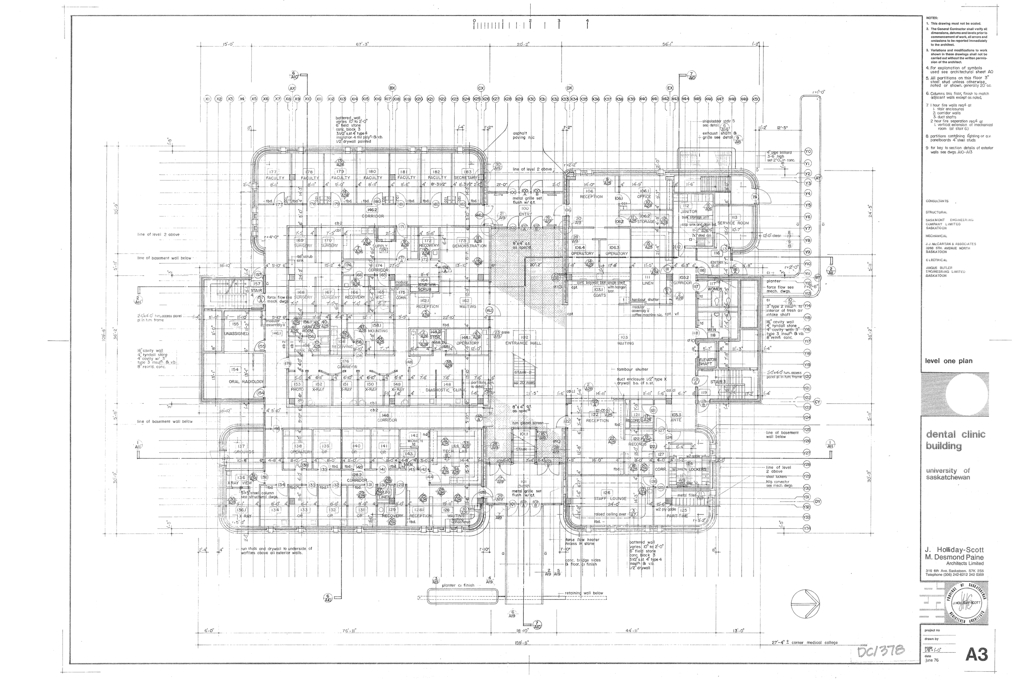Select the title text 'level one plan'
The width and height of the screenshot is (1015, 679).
coord(948,361)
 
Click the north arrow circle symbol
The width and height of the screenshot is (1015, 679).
coord(805,604)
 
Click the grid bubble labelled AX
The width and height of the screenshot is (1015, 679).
coord(292,88)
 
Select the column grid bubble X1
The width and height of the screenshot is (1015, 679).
coord(207,99)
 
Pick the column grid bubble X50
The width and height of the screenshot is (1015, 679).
coord(756,99)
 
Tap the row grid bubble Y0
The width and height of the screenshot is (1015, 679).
coord(808,151)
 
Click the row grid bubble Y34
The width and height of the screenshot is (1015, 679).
coord(806,528)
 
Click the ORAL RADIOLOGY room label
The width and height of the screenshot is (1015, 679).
coord(246,381)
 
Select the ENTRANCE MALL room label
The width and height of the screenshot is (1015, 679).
coord(523,343)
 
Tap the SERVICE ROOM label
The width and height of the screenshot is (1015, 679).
coord(733,223)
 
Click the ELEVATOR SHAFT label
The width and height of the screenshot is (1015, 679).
coord(708,361)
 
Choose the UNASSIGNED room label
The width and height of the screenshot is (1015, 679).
coord(236,334)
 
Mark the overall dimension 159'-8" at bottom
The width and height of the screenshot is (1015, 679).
coord(523,642)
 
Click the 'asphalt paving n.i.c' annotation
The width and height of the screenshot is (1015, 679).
coord(524,135)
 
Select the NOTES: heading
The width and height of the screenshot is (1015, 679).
coord(932,18)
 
